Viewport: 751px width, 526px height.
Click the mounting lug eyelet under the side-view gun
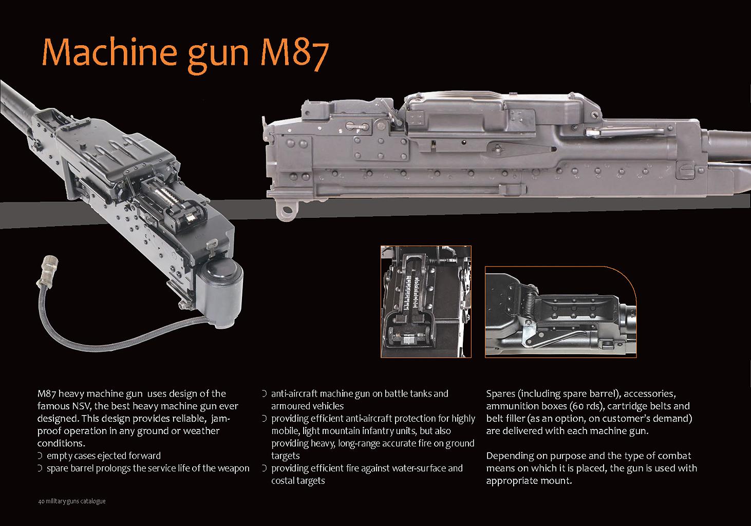pyautogui.click(x=286, y=211)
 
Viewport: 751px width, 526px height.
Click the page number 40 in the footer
pyautogui.click(x=41, y=501)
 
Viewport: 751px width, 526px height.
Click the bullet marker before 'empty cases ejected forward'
pyautogui.click(x=40, y=456)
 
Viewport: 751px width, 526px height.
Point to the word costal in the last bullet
pyautogui.click(x=281, y=481)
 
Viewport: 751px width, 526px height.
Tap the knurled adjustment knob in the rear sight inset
pyautogui.click(x=408, y=339)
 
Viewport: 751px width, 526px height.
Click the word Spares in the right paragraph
pyautogui.click(x=500, y=394)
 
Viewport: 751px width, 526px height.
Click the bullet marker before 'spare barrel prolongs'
pyautogui.click(x=40, y=468)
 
